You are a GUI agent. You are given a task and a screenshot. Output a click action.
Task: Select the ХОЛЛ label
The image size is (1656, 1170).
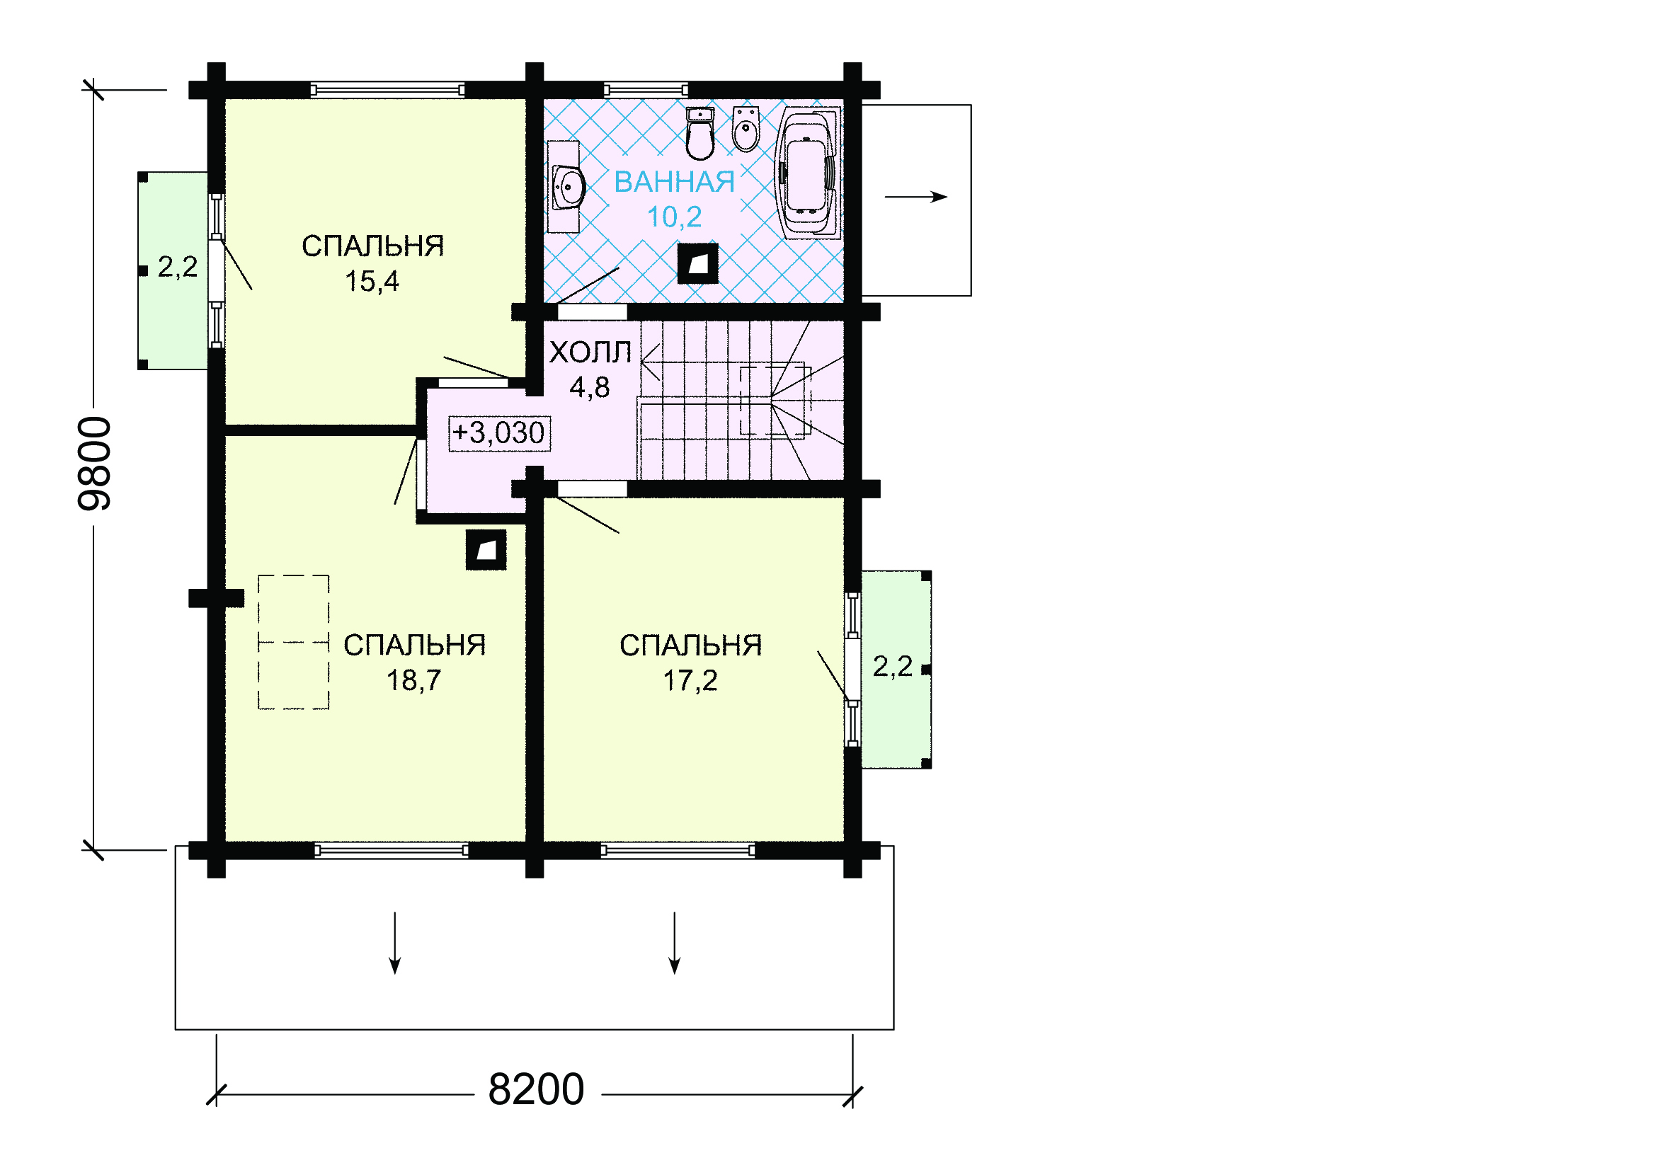(x=590, y=352)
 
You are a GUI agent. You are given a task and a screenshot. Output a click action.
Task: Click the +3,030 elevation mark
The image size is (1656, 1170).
(x=499, y=433)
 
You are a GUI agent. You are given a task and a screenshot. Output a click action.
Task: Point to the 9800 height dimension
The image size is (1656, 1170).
(x=94, y=464)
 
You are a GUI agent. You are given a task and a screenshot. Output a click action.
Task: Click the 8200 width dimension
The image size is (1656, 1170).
(x=536, y=1089)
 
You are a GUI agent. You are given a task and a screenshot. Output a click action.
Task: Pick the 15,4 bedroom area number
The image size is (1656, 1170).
(x=372, y=281)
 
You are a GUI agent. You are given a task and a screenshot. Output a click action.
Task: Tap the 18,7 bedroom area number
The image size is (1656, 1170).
(x=413, y=679)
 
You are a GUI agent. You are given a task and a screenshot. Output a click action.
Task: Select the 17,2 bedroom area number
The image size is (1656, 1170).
(x=690, y=679)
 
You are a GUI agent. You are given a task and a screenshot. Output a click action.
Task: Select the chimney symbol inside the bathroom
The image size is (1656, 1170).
(x=697, y=264)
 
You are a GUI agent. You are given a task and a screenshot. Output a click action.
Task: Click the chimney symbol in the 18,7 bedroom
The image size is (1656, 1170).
(x=486, y=550)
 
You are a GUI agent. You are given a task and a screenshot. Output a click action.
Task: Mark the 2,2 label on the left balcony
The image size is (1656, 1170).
(x=178, y=267)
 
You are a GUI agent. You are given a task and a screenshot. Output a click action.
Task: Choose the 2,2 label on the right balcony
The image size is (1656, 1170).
(x=892, y=666)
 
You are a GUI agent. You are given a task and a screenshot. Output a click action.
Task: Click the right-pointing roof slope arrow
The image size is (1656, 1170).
(x=915, y=197)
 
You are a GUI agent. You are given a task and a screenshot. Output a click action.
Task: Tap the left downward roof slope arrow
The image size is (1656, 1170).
(x=394, y=943)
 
